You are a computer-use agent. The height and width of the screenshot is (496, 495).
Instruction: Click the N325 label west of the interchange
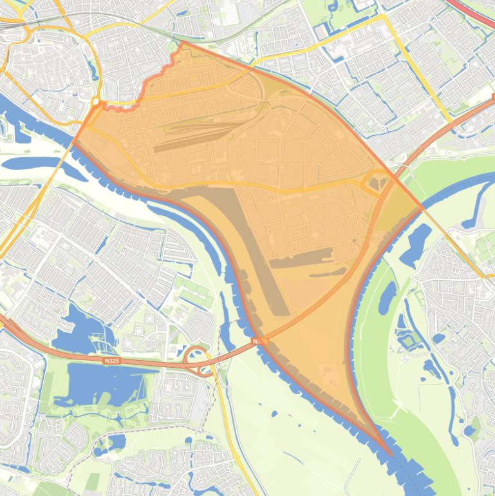tap(111, 361)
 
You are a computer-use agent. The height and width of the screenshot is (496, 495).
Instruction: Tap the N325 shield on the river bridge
tap(259, 340)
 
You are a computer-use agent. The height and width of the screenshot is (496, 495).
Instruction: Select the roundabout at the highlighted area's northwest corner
tap(96, 102)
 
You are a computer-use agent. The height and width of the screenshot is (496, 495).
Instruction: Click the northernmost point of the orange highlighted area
tap(183, 43)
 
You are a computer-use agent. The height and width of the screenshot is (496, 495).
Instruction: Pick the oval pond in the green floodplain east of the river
tap(388, 297)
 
